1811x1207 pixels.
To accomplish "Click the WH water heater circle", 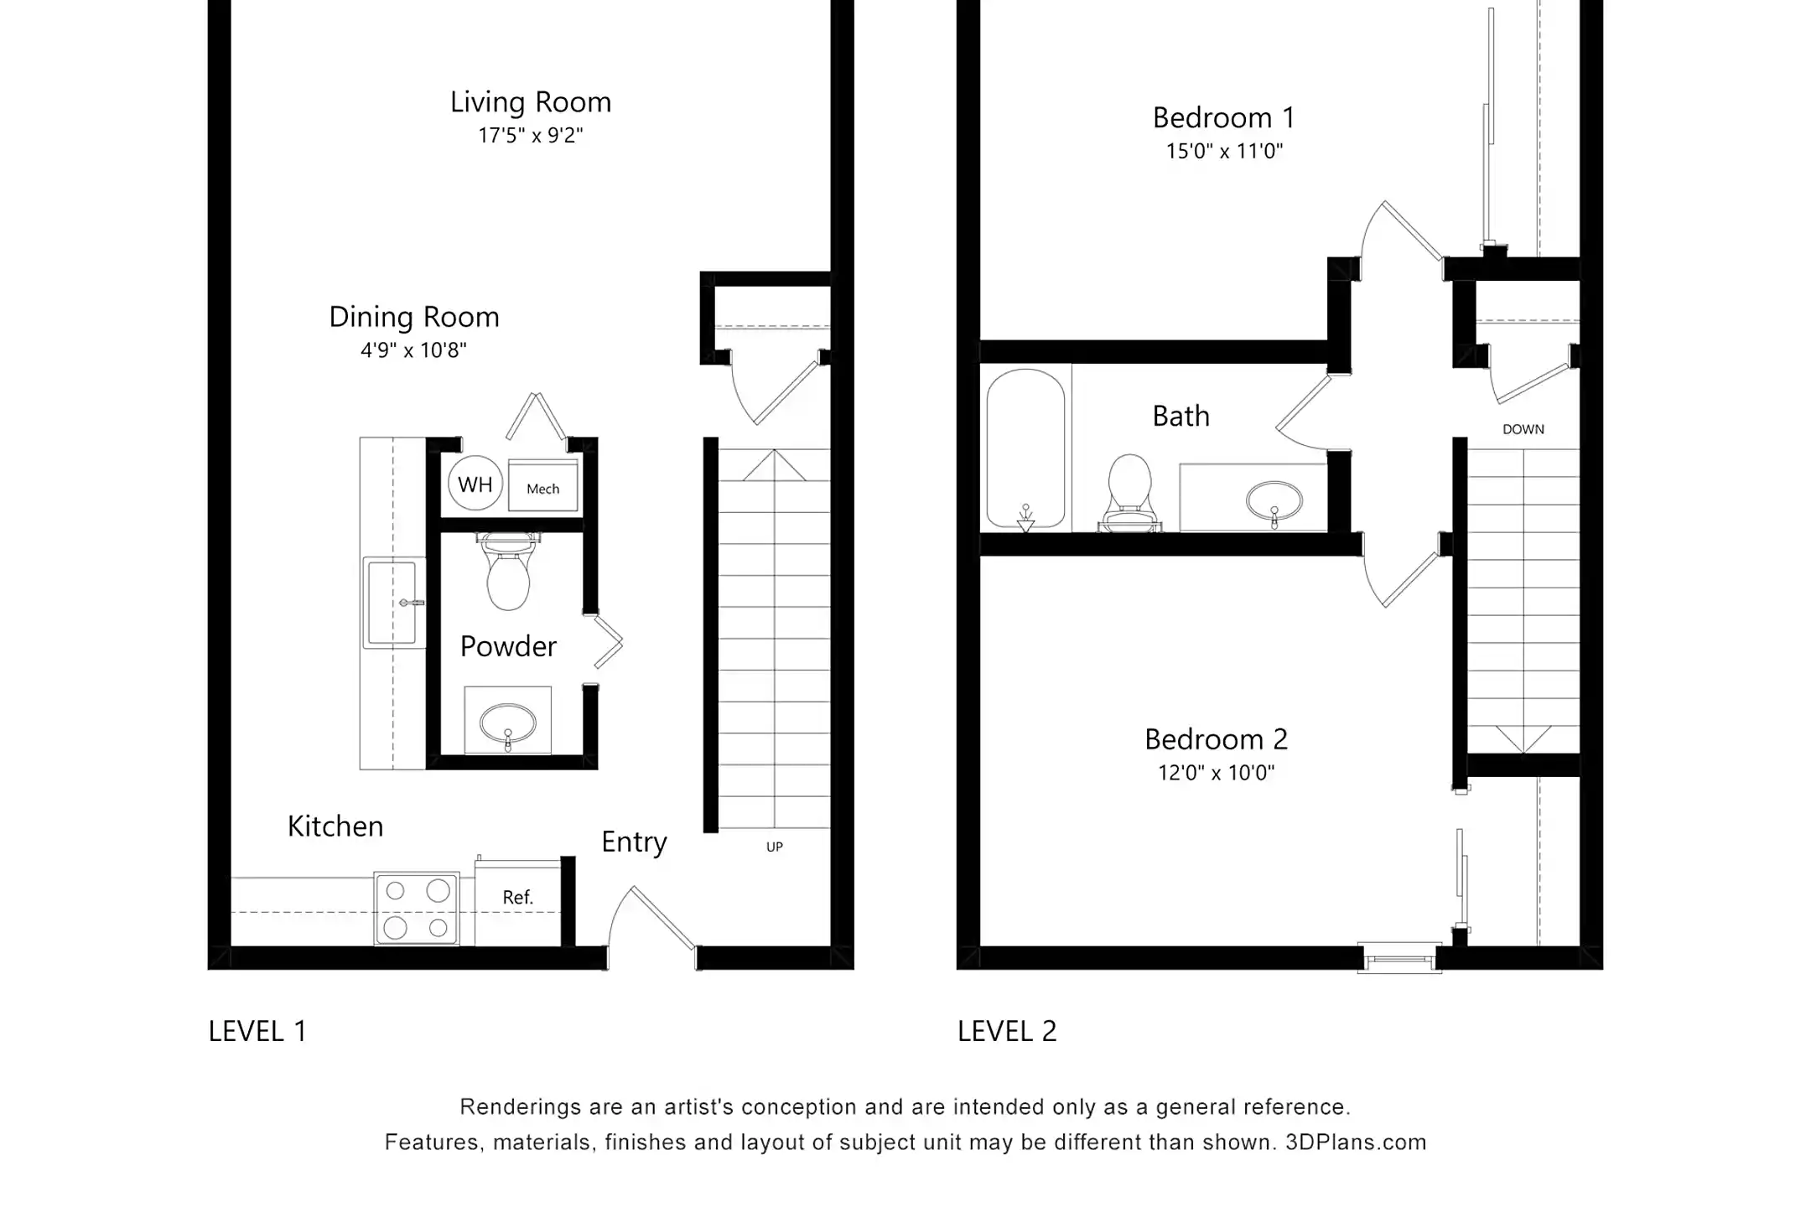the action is pos(475,484).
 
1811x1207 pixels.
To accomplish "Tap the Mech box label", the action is pos(542,489).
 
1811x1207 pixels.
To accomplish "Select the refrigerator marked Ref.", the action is pos(517,902).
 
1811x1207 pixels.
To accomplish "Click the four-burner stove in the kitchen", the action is pos(417,909).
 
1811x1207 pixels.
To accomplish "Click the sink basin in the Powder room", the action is pos(507,723).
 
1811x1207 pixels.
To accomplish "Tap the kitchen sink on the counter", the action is pos(393,603).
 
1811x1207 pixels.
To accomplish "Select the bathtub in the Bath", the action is pos(1025,448).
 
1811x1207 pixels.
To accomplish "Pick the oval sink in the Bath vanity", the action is pos(1274,501).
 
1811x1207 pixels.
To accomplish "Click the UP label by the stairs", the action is pos(775,847).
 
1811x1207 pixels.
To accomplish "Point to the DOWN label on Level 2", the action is pos(1523,429).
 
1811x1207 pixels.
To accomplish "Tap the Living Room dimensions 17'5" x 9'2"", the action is pos(531,135).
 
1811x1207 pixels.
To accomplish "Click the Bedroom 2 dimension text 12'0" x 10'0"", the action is pos(1217,773).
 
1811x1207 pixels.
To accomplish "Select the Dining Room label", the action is pos(414,317).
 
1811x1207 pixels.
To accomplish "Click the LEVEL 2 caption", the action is pos(1007,1031).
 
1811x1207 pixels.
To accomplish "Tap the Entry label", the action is pos(634,842).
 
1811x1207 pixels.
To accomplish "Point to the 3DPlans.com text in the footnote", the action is pos(1356,1142).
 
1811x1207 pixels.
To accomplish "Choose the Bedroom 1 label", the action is pos(1224,117).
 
